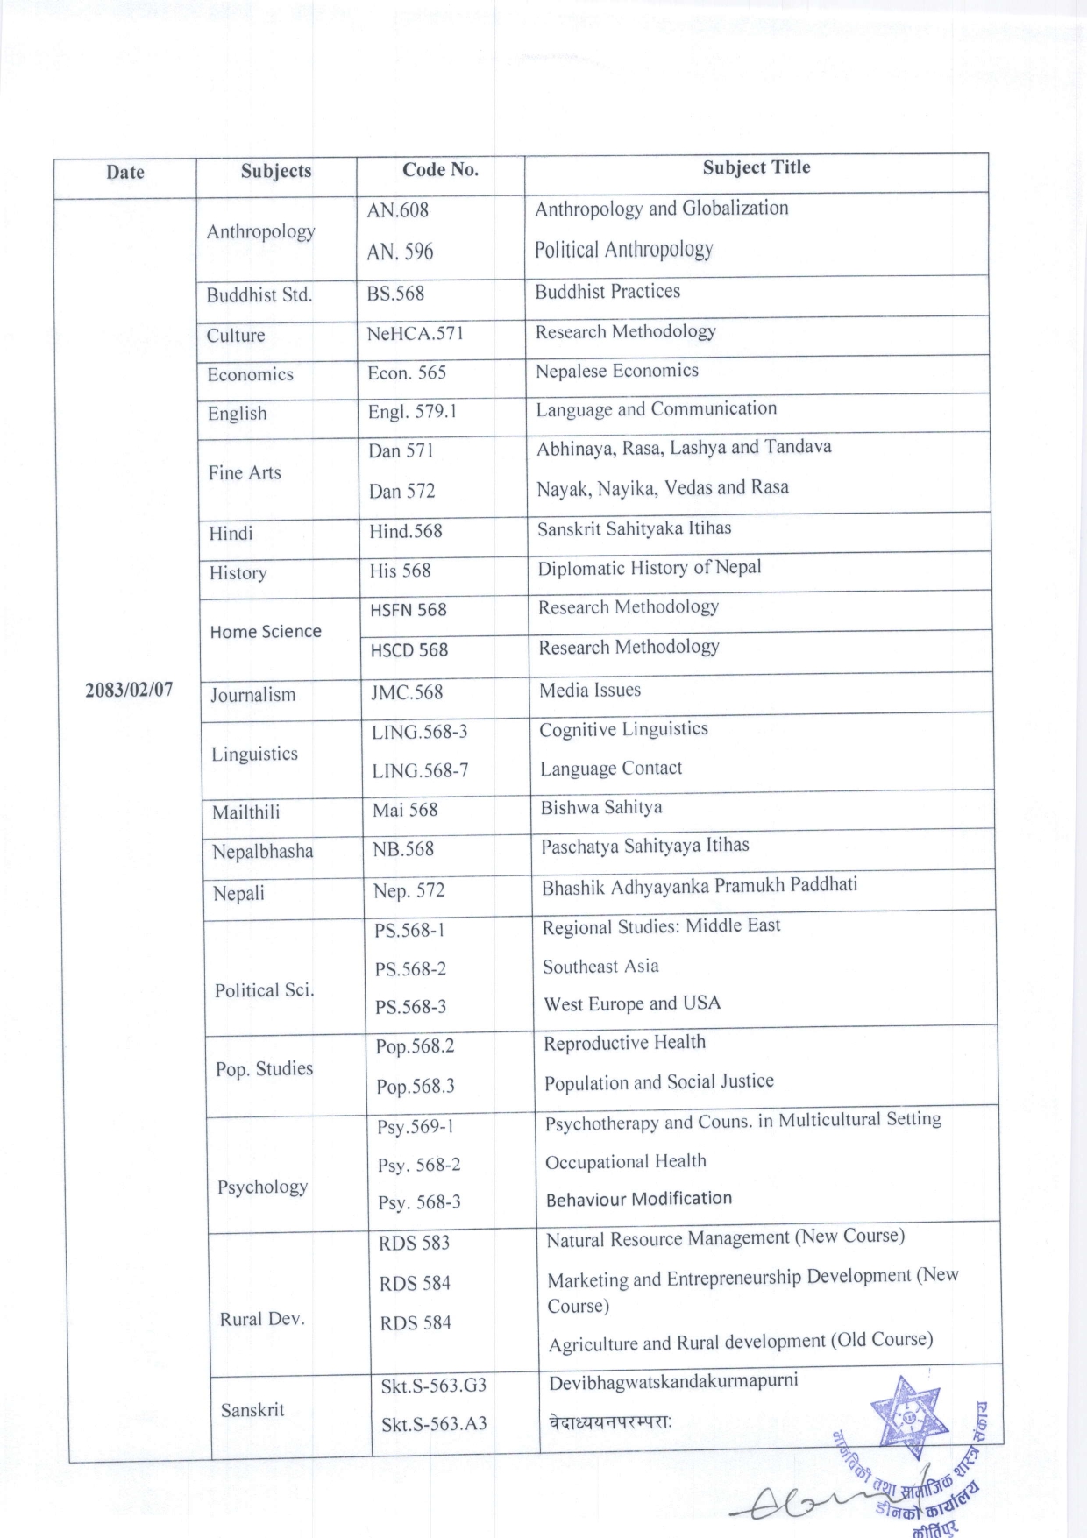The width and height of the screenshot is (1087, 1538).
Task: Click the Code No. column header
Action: pos(440,170)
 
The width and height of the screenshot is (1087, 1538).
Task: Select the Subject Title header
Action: pos(756,167)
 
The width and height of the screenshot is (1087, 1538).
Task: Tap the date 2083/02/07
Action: pos(129,689)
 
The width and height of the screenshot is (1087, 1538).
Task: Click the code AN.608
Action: pos(397,210)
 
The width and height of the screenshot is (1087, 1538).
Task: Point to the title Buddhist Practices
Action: pos(607,291)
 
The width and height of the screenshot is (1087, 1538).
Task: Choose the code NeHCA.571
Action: pos(415,333)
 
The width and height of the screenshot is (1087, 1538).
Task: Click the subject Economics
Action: pos(250,374)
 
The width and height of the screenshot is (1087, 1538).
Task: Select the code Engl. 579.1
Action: pos(412,411)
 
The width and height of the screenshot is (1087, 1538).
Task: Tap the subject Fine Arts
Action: pos(245,472)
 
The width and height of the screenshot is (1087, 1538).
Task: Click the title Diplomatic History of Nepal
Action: pos(649,568)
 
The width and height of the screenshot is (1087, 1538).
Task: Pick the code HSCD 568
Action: pos(409,650)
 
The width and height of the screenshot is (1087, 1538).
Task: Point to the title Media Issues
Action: pos(590,691)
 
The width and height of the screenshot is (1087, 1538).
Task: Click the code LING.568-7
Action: pos(420,770)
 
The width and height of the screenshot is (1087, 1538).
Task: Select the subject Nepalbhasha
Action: pos(262,851)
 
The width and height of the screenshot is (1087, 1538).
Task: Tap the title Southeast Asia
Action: pos(600,967)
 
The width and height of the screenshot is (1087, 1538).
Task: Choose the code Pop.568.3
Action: pos(416,1087)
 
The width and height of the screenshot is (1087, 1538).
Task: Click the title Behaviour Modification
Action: pos(638,1199)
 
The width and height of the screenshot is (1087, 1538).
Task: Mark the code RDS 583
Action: pos(414,1243)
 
